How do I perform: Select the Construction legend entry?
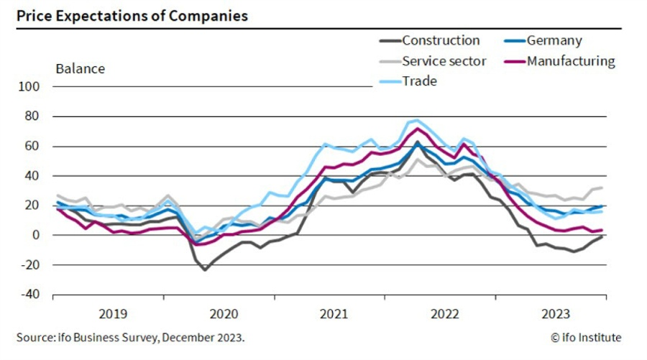pos(440,41)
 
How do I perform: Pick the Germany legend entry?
pos(554,41)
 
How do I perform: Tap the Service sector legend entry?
pos(444,61)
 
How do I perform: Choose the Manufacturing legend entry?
pos(571,61)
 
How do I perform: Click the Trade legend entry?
pos(419,81)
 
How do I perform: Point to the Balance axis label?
pos(80,69)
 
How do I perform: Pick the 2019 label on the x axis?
pos(113,313)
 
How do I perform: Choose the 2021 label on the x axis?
pos(334,313)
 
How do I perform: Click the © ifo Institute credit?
pos(586,338)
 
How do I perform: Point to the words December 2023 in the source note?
pos(203,338)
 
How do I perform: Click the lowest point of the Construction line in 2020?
pos(205,270)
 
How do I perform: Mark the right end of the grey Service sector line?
pos(602,188)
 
